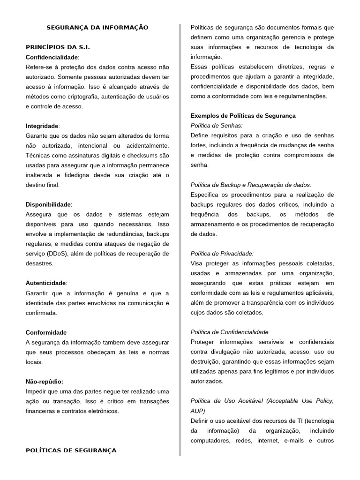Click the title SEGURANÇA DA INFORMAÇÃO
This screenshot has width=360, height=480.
click(97, 28)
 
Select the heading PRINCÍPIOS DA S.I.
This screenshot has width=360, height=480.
click(58, 47)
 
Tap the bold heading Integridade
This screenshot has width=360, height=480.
click(42, 126)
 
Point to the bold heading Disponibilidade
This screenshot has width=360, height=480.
click(48, 204)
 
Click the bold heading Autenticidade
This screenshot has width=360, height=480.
click(46, 283)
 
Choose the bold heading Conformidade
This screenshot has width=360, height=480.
click(46, 332)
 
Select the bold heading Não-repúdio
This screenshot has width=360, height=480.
click(45, 382)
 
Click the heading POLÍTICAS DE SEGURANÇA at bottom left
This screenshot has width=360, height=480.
click(71, 450)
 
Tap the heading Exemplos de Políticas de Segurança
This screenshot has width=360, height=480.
click(243, 116)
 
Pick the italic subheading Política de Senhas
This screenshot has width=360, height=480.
click(217, 126)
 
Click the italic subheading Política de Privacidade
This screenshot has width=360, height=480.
click(222, 253)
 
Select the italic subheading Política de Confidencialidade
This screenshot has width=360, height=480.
click(229, 332)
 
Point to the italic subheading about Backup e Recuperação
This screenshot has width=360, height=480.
click(251, 185)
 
